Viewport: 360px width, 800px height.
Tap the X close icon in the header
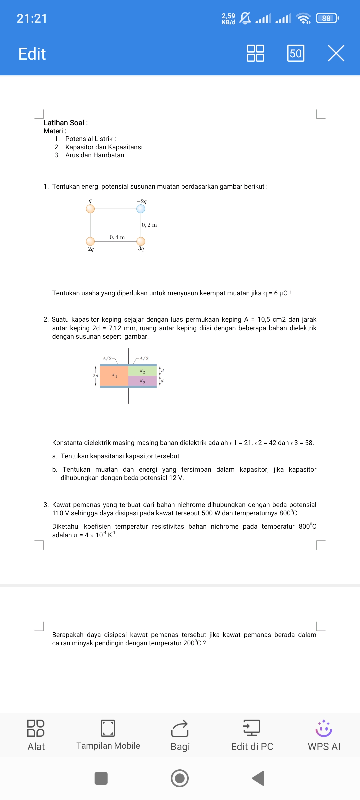coord(336,53)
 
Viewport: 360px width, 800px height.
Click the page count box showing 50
coord(296,53)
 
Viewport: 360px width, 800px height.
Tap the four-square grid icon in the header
coord(255,53)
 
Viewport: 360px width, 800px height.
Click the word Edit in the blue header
coord(32,54)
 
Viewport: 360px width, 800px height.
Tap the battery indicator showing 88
coord(327,18)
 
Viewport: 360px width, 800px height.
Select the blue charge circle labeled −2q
coord(141,209)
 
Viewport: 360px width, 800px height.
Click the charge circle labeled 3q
coord(141,241)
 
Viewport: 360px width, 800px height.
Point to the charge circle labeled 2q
coord(90,241)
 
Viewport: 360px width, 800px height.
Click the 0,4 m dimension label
coord(117,237)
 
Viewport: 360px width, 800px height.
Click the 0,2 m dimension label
coord(149,225)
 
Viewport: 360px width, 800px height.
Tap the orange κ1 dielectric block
coord(114,376)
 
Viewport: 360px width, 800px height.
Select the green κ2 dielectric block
coord(142,371)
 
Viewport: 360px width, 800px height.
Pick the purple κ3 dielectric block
coord(142,381)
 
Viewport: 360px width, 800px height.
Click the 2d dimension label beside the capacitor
coord(95,375)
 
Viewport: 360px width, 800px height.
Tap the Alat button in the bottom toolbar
coord(36,735)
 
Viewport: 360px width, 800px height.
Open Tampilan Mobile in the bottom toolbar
coord(108,735)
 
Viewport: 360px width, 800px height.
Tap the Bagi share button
coord(180,735)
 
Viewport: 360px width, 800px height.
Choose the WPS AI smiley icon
coord(324,729)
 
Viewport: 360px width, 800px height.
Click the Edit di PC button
coord(252,735)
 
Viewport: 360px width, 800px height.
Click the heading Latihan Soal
coord(66,123)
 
